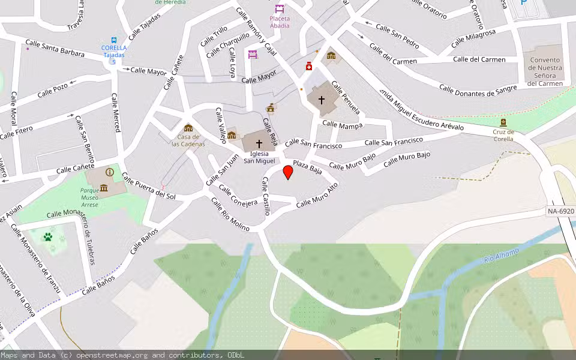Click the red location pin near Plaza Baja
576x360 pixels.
click(x=288, y=172)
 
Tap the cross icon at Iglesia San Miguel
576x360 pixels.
click(x=259, y=144)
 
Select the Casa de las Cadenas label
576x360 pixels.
click(x=188, y=140)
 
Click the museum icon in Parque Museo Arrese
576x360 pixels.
click(x=104, y=188)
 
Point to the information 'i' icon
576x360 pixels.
click(x=109, y=172)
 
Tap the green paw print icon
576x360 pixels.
click(x=48, y=237)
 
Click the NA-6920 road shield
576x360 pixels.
click(x=561, y=211)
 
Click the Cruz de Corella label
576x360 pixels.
click(x=503, y=135)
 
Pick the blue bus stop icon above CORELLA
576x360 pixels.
click(x=114, y=39)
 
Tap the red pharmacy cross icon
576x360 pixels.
click(x=309, y=67)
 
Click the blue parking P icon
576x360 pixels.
click(x=524, y=3)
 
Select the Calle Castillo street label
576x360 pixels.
click(x=266, y=196)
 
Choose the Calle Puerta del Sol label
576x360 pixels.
click(x=148, y=185)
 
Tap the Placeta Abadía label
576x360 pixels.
click(x=280, y=22)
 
